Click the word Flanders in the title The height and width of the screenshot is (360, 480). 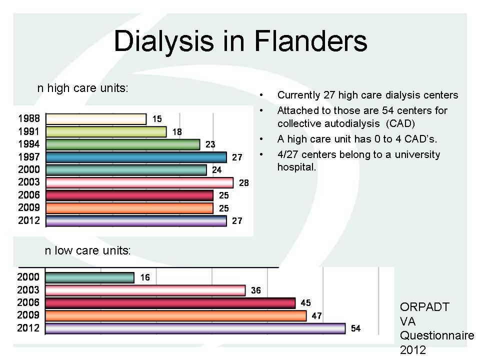pos(310,40)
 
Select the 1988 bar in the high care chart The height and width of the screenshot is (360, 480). pos(96,119)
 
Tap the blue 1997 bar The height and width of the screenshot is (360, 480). pos(136,157)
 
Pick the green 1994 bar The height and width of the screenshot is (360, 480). pos(123,144)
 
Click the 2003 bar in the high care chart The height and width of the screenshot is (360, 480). pos(139,183)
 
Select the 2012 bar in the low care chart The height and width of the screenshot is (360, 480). pos(195,328)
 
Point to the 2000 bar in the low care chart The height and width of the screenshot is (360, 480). pos(89,277)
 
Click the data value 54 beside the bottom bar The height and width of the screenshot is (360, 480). pos(355,328)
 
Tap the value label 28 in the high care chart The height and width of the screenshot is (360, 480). pos(243,183)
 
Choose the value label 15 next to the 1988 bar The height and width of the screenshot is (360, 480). pos(157,119)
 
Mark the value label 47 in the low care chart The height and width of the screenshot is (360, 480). pos(316,315)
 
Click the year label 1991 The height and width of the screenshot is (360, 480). pos(29,131)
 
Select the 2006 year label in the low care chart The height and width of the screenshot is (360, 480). pos(28,302)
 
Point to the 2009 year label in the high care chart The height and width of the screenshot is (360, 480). pos(29,207)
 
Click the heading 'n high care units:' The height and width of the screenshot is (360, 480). pos(82,88)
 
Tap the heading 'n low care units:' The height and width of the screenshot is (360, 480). pos(87,250)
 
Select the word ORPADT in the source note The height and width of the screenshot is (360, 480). pos(424,306)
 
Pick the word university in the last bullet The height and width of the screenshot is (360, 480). pos(417,154)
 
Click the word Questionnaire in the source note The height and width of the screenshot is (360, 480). pos(437,335)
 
